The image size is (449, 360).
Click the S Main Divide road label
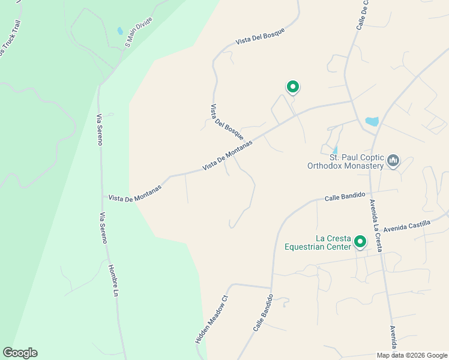[139, 32]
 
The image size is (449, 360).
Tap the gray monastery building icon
[394, 160]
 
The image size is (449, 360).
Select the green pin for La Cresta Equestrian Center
[360, 241]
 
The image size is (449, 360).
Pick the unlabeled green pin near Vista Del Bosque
[292, 87]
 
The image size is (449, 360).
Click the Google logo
[20, 353]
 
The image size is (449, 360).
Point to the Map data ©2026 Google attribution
[412, 355]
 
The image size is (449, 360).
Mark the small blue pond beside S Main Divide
[120, 31]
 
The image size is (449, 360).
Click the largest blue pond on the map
[372, 122]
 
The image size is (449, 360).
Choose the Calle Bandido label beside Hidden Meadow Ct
[263, 313]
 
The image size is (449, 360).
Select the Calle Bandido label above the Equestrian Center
[345, 197]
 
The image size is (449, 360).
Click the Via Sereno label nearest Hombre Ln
[103, 228]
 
